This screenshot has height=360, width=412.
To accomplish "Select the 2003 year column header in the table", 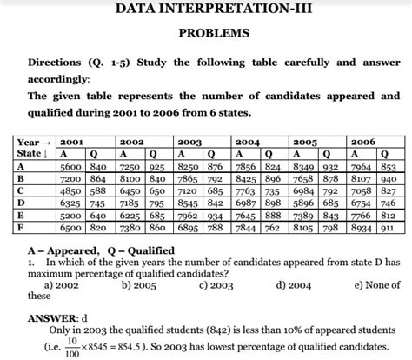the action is point(189,142).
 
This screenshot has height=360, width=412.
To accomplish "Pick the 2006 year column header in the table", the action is point(363,142).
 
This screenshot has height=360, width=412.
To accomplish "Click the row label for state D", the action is point(20,202).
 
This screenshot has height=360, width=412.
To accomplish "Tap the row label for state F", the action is point(20,227).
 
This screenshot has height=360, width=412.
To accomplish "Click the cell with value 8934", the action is point(361,227).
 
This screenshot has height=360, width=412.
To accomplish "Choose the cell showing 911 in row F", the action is point(389,227).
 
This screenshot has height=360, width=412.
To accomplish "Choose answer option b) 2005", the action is point(139,283).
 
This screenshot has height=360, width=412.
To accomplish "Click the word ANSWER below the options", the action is point(52,319).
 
